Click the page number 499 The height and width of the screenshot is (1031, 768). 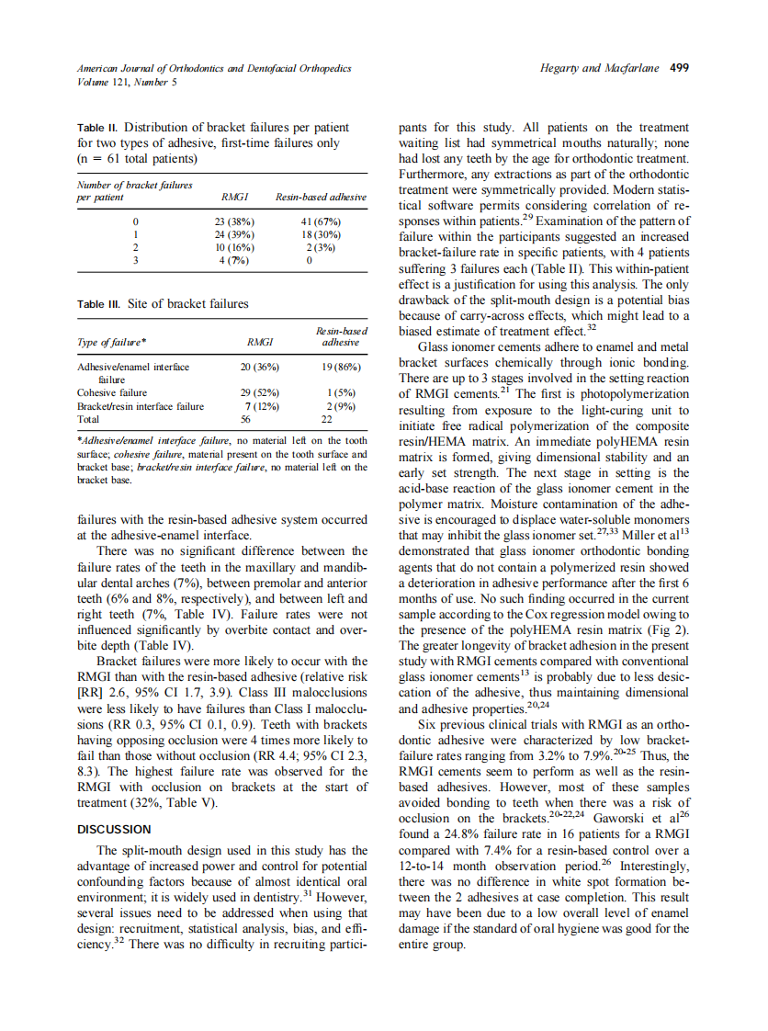coord(680,68)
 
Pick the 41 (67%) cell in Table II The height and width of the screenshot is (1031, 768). coord(321,222)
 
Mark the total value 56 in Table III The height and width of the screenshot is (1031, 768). coord(246,419)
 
